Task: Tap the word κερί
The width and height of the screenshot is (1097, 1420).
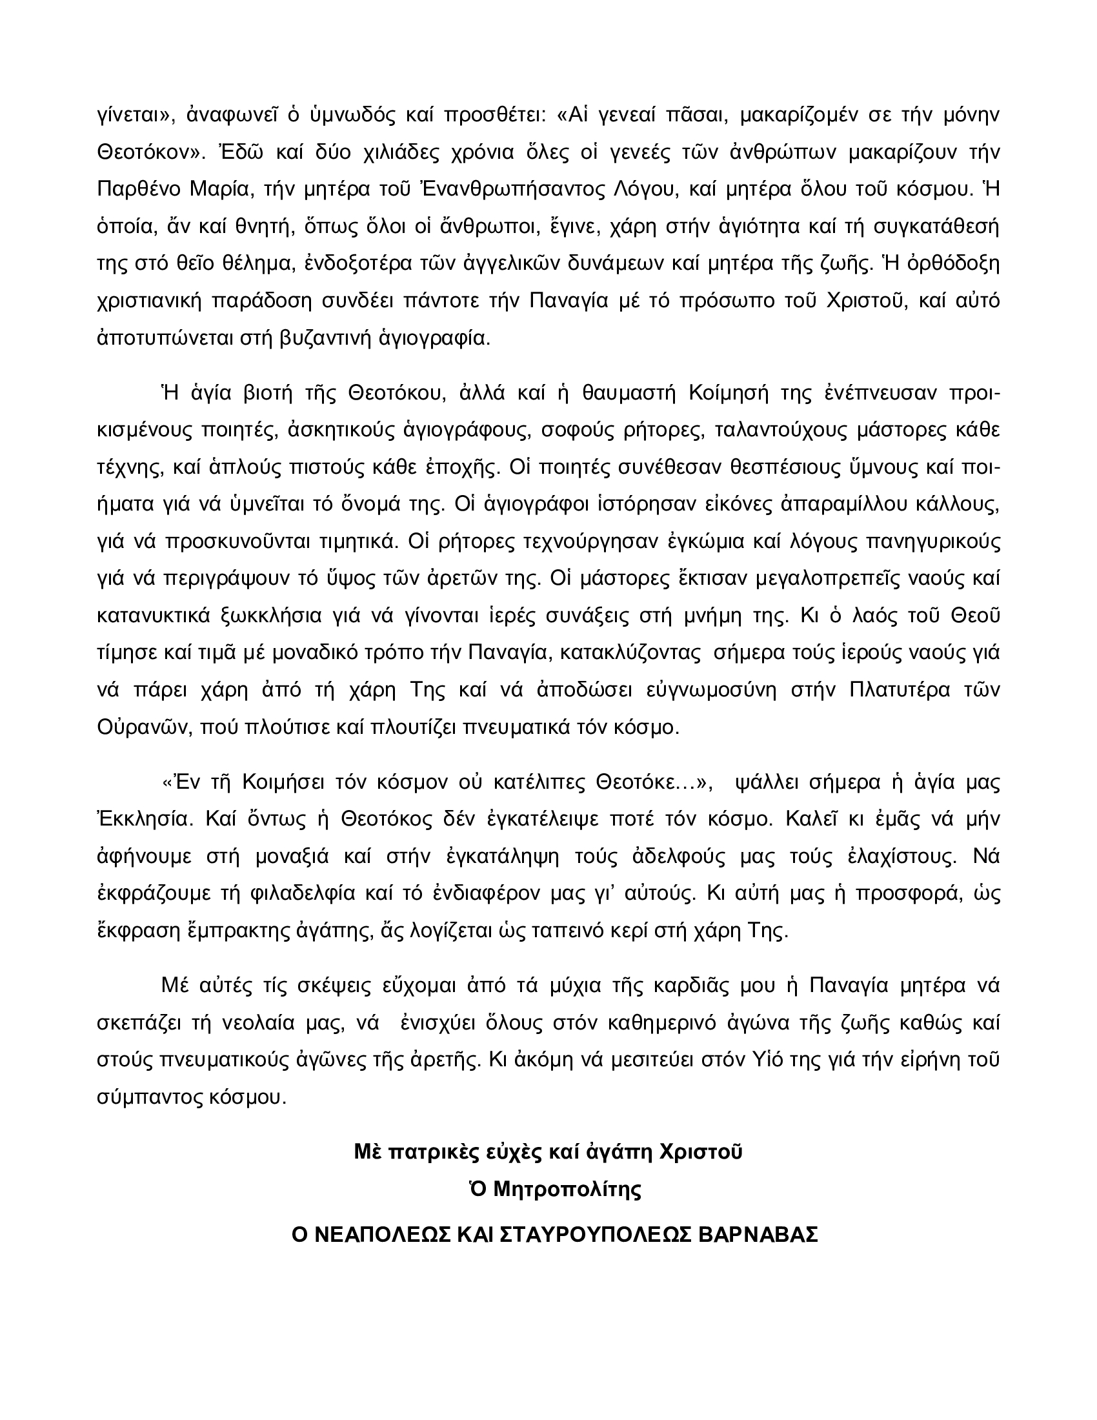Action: tap(657, 930)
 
